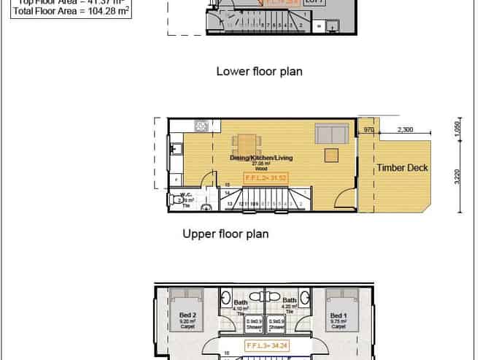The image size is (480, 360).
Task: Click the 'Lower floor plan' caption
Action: click(259, 72)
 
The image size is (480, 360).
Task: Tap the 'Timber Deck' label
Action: click(402, 168)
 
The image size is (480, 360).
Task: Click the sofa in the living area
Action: click(331, 134)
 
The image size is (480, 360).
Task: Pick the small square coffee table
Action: click(332, 154)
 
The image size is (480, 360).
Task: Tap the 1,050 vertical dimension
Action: click(457, 126)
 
